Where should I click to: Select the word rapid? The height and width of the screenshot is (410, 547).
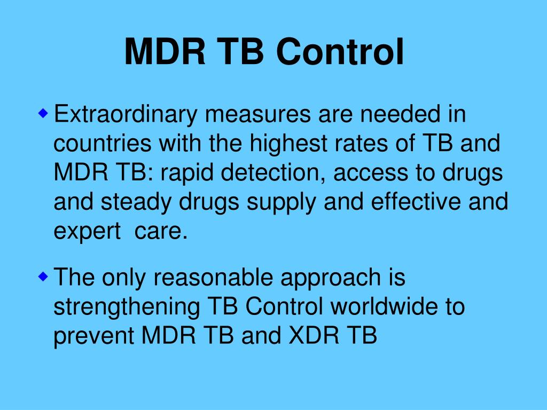tap(182, 174)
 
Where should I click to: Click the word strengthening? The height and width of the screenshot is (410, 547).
tap(127, 307)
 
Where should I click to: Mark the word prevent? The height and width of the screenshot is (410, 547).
tap(95, 337)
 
